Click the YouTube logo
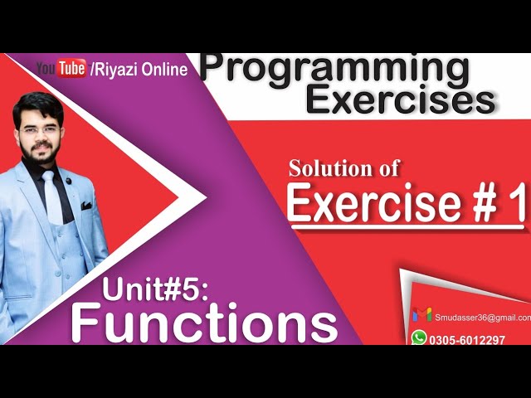tap(61, 69)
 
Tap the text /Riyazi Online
tap(138, 70)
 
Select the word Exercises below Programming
tap(401, 100)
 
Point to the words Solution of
tap(344, 168)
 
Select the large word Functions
tap(204, 323)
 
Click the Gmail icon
tap(421, 314)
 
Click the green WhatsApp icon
tap(420, 337)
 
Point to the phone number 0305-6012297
tap(469, 339)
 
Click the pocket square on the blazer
tap(86, 205)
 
